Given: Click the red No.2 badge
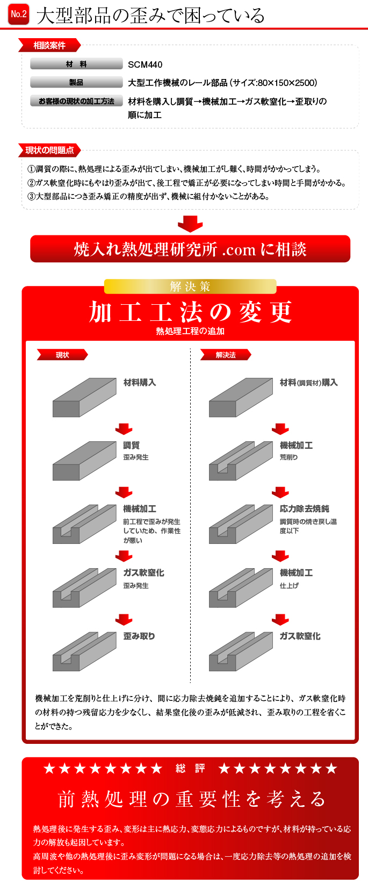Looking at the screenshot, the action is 18,15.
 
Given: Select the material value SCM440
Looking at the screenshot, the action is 145,64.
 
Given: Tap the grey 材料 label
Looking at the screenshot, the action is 76,64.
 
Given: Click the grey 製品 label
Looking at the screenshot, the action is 76,82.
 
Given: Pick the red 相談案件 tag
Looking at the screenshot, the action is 49,46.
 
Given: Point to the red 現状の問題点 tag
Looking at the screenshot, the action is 49,150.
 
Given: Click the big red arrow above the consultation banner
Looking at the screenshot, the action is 190,224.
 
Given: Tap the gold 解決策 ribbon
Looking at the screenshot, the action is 190,286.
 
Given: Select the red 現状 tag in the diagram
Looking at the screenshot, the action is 62,355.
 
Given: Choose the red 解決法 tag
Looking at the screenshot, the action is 226,355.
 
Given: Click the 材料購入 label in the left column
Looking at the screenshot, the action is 140,383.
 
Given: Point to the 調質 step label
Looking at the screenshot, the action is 131,445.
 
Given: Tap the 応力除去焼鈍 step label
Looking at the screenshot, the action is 305,509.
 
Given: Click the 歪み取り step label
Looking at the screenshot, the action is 139,636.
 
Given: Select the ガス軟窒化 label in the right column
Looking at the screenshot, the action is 300,636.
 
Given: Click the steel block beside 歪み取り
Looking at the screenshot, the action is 84,651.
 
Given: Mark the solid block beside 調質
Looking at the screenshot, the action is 84,461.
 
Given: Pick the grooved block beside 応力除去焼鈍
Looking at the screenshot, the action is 241,524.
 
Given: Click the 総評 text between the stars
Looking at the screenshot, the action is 190,769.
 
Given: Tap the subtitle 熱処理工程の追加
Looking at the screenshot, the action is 190,331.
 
